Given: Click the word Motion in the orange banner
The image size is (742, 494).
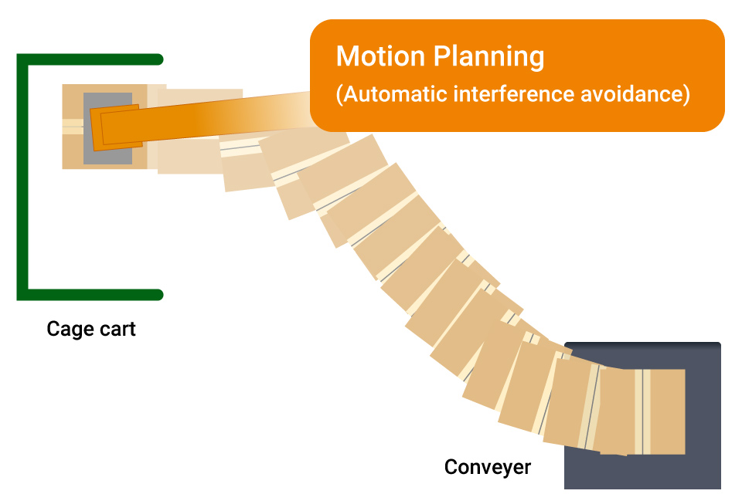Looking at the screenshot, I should [x=380, y=57].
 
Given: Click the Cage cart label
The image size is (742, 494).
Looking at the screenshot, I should [x=91, y=330].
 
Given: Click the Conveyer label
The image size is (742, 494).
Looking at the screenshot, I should [x=488, y=467].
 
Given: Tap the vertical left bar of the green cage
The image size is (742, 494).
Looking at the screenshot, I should [x=22, y=178].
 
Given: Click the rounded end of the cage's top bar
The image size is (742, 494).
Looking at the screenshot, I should [x=158, y=59].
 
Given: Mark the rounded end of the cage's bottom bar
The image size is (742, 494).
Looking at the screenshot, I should [x=158, y=294].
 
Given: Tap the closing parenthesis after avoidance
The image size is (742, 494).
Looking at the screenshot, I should [x=686, y=95].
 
